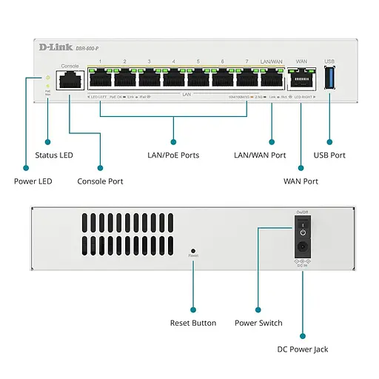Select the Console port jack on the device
[x=70, y=80]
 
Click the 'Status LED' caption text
[x=55, y=155]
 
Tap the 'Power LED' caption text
[x=33, y=181]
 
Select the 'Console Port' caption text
[x=100, y=181]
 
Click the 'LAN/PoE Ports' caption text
[x=174, y=155]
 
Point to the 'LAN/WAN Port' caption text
[x=260, y=155]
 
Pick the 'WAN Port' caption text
[x=301, y=181]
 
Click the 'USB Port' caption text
[x=329, y=155]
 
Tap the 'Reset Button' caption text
[x=193, y=323]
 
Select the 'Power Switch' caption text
[x=258, y=323]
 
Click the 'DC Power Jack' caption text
[x=303, y=349]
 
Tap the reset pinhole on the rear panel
[x=193, y=250]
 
